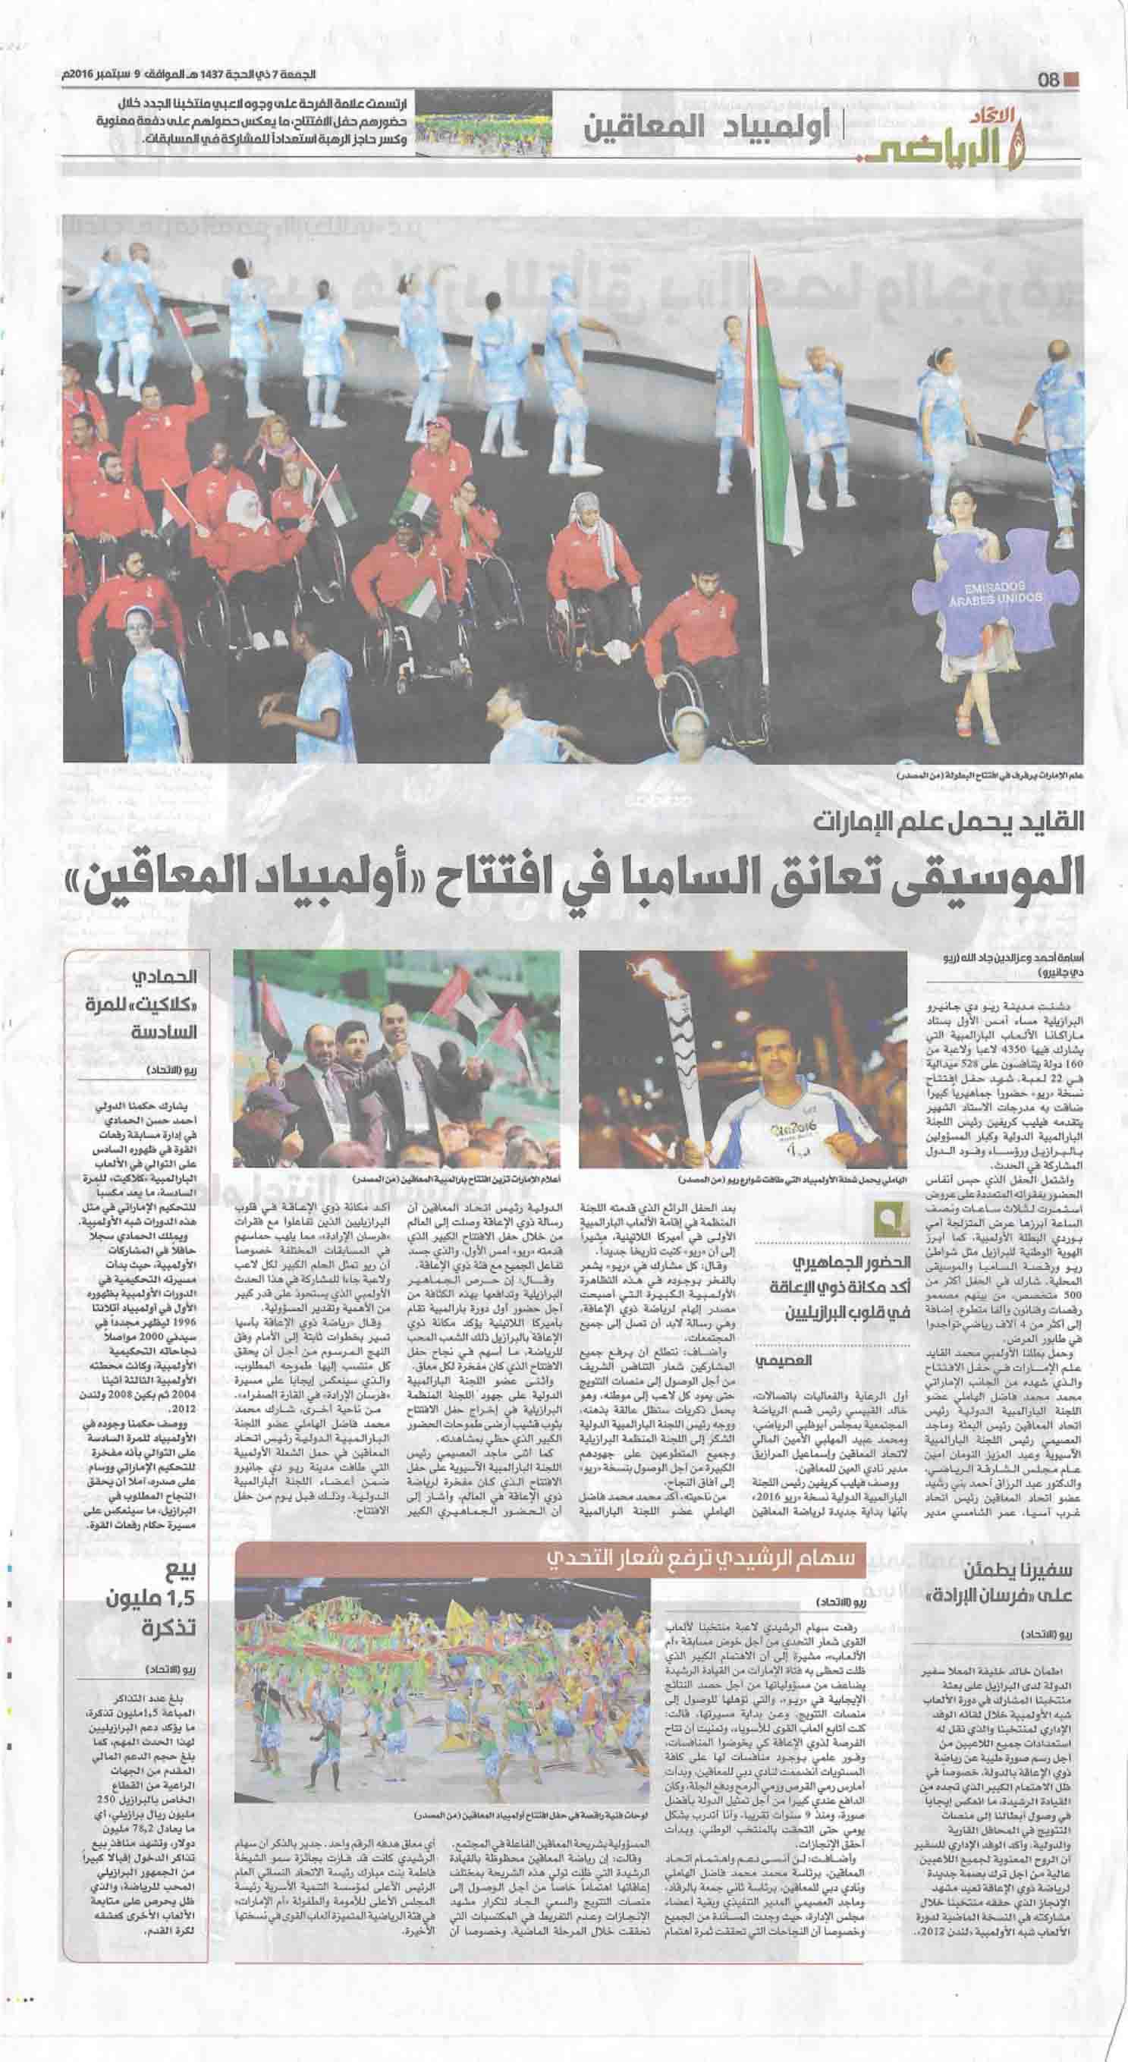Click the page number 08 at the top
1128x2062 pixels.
1049,80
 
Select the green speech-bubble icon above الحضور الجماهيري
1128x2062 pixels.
893,1239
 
